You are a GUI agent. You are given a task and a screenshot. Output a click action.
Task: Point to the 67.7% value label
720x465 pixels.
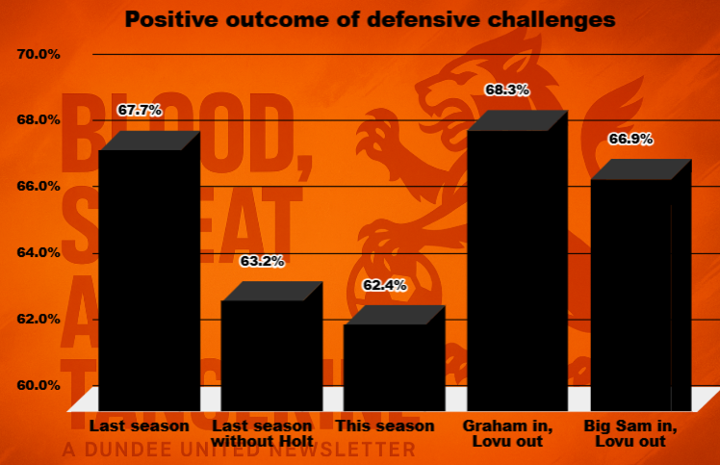pos(140,111)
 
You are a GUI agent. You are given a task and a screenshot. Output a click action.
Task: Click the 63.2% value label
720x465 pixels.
pos(262,261)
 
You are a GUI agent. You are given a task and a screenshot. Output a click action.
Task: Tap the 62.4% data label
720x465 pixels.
pos(384,285)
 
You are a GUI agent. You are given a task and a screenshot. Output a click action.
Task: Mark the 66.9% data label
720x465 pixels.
pos(630,139)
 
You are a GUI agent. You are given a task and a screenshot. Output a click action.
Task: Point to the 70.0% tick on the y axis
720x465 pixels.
pos(39,54)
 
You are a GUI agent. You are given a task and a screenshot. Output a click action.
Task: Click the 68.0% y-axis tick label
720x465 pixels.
pos(39,120)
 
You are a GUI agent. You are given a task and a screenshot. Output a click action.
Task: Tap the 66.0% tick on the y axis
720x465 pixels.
pos(39,186)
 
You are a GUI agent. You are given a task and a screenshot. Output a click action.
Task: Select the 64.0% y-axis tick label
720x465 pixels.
pos(39,252)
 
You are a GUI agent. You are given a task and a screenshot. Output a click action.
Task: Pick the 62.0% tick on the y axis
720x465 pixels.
pos(39,319)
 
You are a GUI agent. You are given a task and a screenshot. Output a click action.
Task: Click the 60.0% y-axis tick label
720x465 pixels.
pos(39,385)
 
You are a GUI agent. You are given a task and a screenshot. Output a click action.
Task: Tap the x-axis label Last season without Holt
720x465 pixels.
pos(262,433)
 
